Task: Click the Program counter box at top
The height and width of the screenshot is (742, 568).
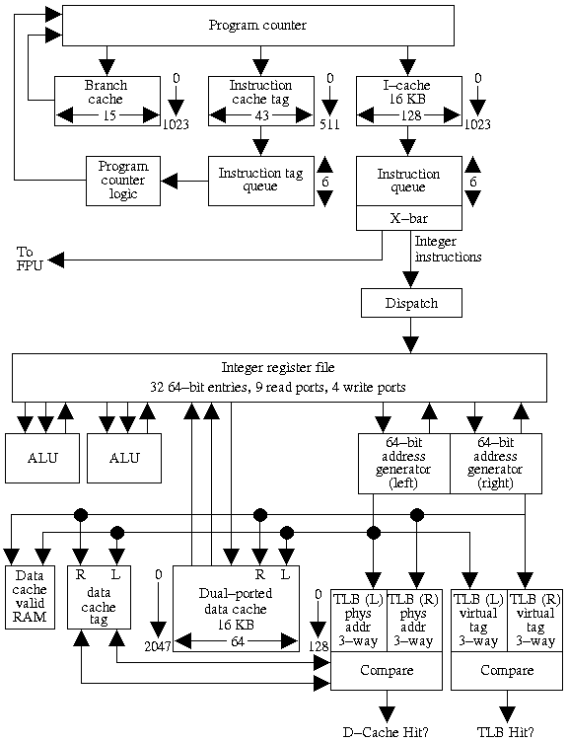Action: click(x=257, y=25)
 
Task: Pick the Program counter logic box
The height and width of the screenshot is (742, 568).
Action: click(x=123, y=181)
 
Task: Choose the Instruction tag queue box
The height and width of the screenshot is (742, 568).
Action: click(x=260, y=181)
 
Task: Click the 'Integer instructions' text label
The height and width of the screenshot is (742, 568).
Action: click(x=448, y=249)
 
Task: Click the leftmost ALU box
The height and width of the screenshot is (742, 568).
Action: click(x=42, y=458)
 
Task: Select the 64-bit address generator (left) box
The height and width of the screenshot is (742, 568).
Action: click(x=403, y=464)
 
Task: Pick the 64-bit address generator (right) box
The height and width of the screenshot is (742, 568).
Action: click(x=496, y=464)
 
